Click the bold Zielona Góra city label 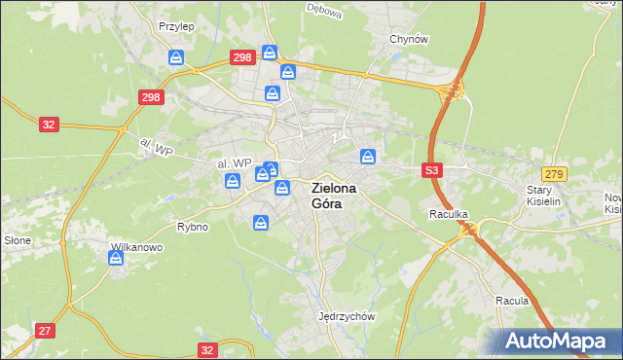[333, 196]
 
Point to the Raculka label [449, 212]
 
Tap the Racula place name [512, 301]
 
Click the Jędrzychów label [347, 316]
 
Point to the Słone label [17, 239]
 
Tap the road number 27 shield [45, 331]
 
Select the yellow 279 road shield [556, 172]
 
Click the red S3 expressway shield [433, 170]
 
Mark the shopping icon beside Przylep [176, 57]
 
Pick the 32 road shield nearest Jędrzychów [206, 349]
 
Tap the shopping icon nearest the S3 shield [369, 156]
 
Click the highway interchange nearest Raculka [471, 229]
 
